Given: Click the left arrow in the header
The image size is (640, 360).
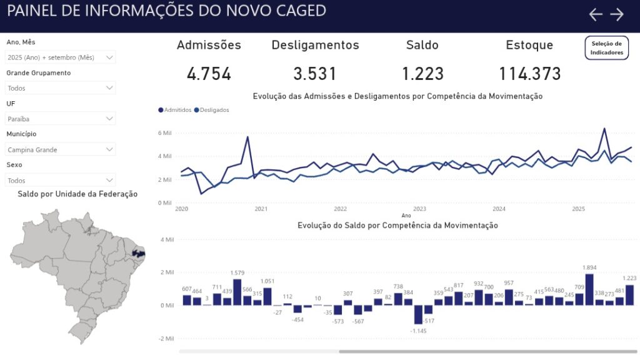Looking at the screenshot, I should (596, 14).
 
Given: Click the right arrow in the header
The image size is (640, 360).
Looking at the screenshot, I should (617, 14).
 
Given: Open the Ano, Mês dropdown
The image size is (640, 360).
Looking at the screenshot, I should (61, 57).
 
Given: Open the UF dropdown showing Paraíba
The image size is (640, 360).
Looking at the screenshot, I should (61, 118).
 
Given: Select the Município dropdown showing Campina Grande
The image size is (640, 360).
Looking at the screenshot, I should (61, 149).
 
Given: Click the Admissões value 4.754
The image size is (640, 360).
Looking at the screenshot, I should (209, 74).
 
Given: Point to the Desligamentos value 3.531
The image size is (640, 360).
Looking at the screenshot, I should (315, 74).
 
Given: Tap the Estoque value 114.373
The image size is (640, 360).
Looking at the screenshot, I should (529, 74).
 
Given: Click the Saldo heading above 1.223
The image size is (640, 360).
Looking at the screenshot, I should (422, 45).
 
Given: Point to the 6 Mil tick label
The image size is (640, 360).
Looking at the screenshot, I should (164, 133).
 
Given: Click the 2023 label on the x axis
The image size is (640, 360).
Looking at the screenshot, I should (419, 209).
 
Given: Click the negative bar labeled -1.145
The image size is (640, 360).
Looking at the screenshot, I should (418, 314).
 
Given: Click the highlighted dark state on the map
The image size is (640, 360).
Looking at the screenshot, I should (139, 254).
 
